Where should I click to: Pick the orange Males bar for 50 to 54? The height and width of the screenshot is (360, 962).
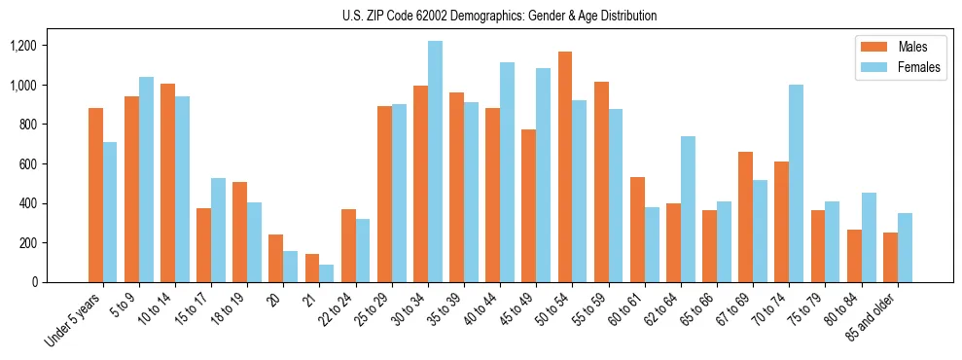coord(565,166)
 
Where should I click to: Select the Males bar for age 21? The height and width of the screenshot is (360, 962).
coord(312,268)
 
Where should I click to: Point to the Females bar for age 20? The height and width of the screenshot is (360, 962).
coord(291,267)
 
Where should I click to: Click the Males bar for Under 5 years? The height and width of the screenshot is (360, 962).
coord(95,195)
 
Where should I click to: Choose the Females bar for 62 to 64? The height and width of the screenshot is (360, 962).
coord(688,209)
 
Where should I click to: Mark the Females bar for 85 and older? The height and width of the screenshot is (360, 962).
coord(905,247)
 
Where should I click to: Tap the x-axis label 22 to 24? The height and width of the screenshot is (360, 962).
coord(340,311)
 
